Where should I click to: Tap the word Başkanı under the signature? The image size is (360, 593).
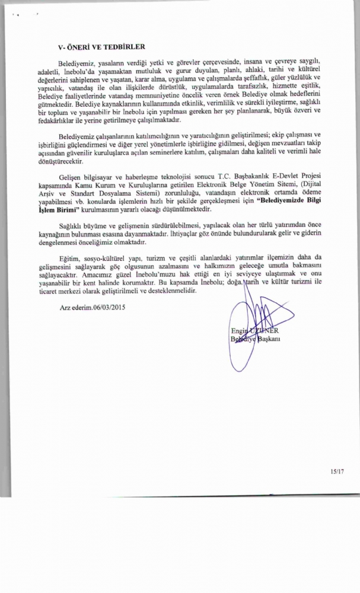point(269,339)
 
